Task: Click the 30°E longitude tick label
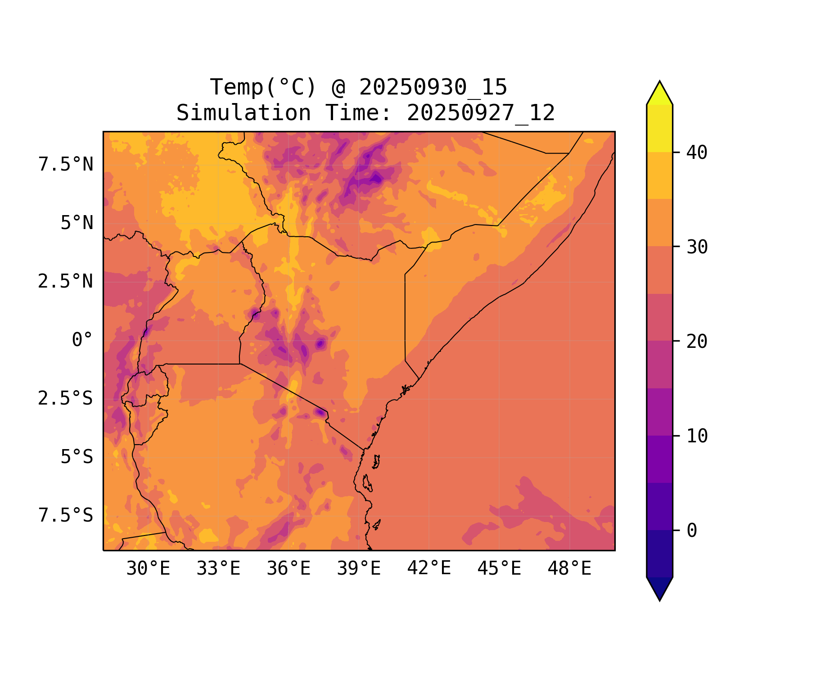coord(148,569)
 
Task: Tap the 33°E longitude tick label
coord(218,569)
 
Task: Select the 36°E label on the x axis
coord(289,569)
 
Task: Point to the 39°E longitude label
coord(359,569)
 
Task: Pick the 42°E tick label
coord(429,568)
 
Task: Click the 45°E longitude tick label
coord(499,569)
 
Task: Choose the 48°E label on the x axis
coord(569,569)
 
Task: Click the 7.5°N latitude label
coord(66,165)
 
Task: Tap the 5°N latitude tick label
coord(77,223)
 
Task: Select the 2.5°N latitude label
coord(66,282)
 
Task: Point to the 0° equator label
coord(82,340)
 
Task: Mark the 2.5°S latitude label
coord(66,399)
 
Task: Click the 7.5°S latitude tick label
coord(66,515)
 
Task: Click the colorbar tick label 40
coord(697,153)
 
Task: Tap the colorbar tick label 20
coord(697,342)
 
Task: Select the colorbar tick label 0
coord(692,531)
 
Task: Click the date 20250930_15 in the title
coord(433,87)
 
